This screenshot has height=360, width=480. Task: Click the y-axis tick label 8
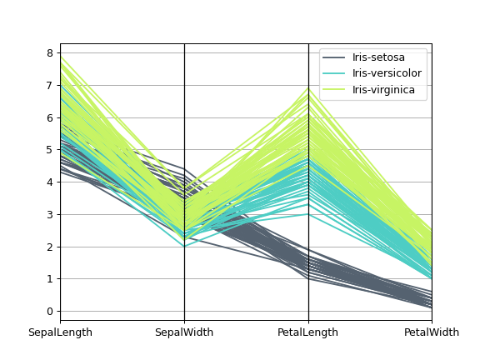point(49,53)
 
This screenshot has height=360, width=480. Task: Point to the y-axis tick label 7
point(49,86)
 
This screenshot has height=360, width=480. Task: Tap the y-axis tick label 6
point(49,118)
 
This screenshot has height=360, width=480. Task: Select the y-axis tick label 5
point(49,150)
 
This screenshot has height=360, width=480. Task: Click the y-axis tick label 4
point(49,182)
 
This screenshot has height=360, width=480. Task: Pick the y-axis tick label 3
point(49,215)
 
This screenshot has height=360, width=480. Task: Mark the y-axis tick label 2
point(49,247)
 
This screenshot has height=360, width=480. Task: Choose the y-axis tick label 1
point(49,279)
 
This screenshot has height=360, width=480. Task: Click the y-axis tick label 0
point(49,312)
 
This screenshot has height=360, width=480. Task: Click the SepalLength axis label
point(60,333)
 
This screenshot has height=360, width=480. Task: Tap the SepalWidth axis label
point(184,333)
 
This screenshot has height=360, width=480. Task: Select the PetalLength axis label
point(308,333)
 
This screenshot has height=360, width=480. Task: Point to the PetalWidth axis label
point(432,333)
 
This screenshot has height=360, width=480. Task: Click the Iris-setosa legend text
point(378,57)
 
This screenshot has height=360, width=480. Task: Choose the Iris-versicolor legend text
point(387,73)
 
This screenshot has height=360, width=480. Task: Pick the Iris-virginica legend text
point(383,90)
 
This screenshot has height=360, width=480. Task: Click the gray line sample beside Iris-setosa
point(335,57)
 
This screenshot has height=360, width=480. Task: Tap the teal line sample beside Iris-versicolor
point(335,73)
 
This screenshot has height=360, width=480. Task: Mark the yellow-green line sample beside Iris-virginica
point(335,90)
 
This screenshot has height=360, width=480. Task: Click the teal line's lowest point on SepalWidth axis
point(184,247)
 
